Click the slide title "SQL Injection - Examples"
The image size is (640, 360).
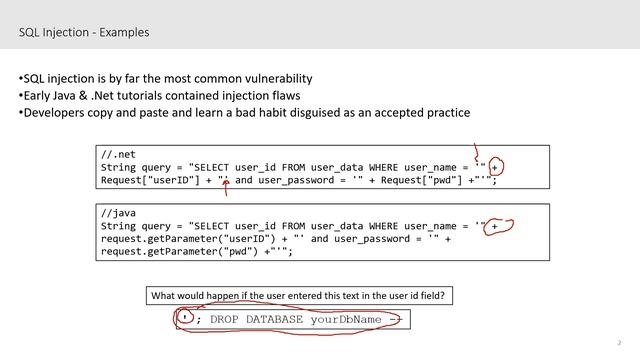coord(84,32)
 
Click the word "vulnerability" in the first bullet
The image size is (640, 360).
coord(279,78)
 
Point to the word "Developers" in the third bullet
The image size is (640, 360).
coord(53,112)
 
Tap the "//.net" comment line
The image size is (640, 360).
coord(117,155)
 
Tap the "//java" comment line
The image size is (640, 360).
coord(116,214)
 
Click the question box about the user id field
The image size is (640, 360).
coord(296,295)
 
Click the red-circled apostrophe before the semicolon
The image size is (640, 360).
coord(185,316)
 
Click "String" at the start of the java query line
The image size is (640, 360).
coord(119,227)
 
